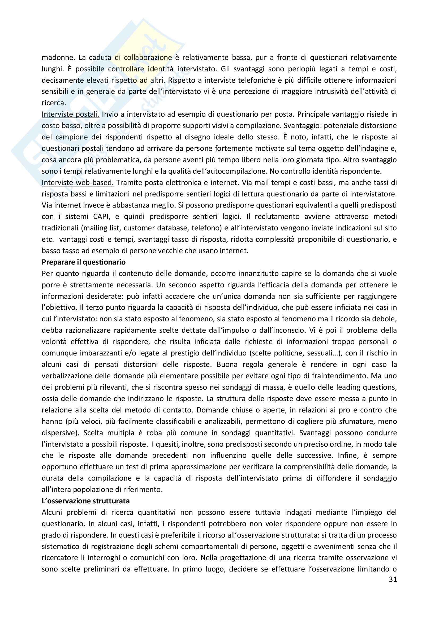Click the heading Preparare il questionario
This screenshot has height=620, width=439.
tap(84, 262)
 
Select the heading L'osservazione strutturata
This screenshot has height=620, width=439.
tap(86, 501)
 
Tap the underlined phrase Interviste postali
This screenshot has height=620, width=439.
tap(71, 115)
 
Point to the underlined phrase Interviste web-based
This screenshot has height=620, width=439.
tap(78, 183)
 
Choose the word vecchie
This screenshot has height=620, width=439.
tap(167, 251)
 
